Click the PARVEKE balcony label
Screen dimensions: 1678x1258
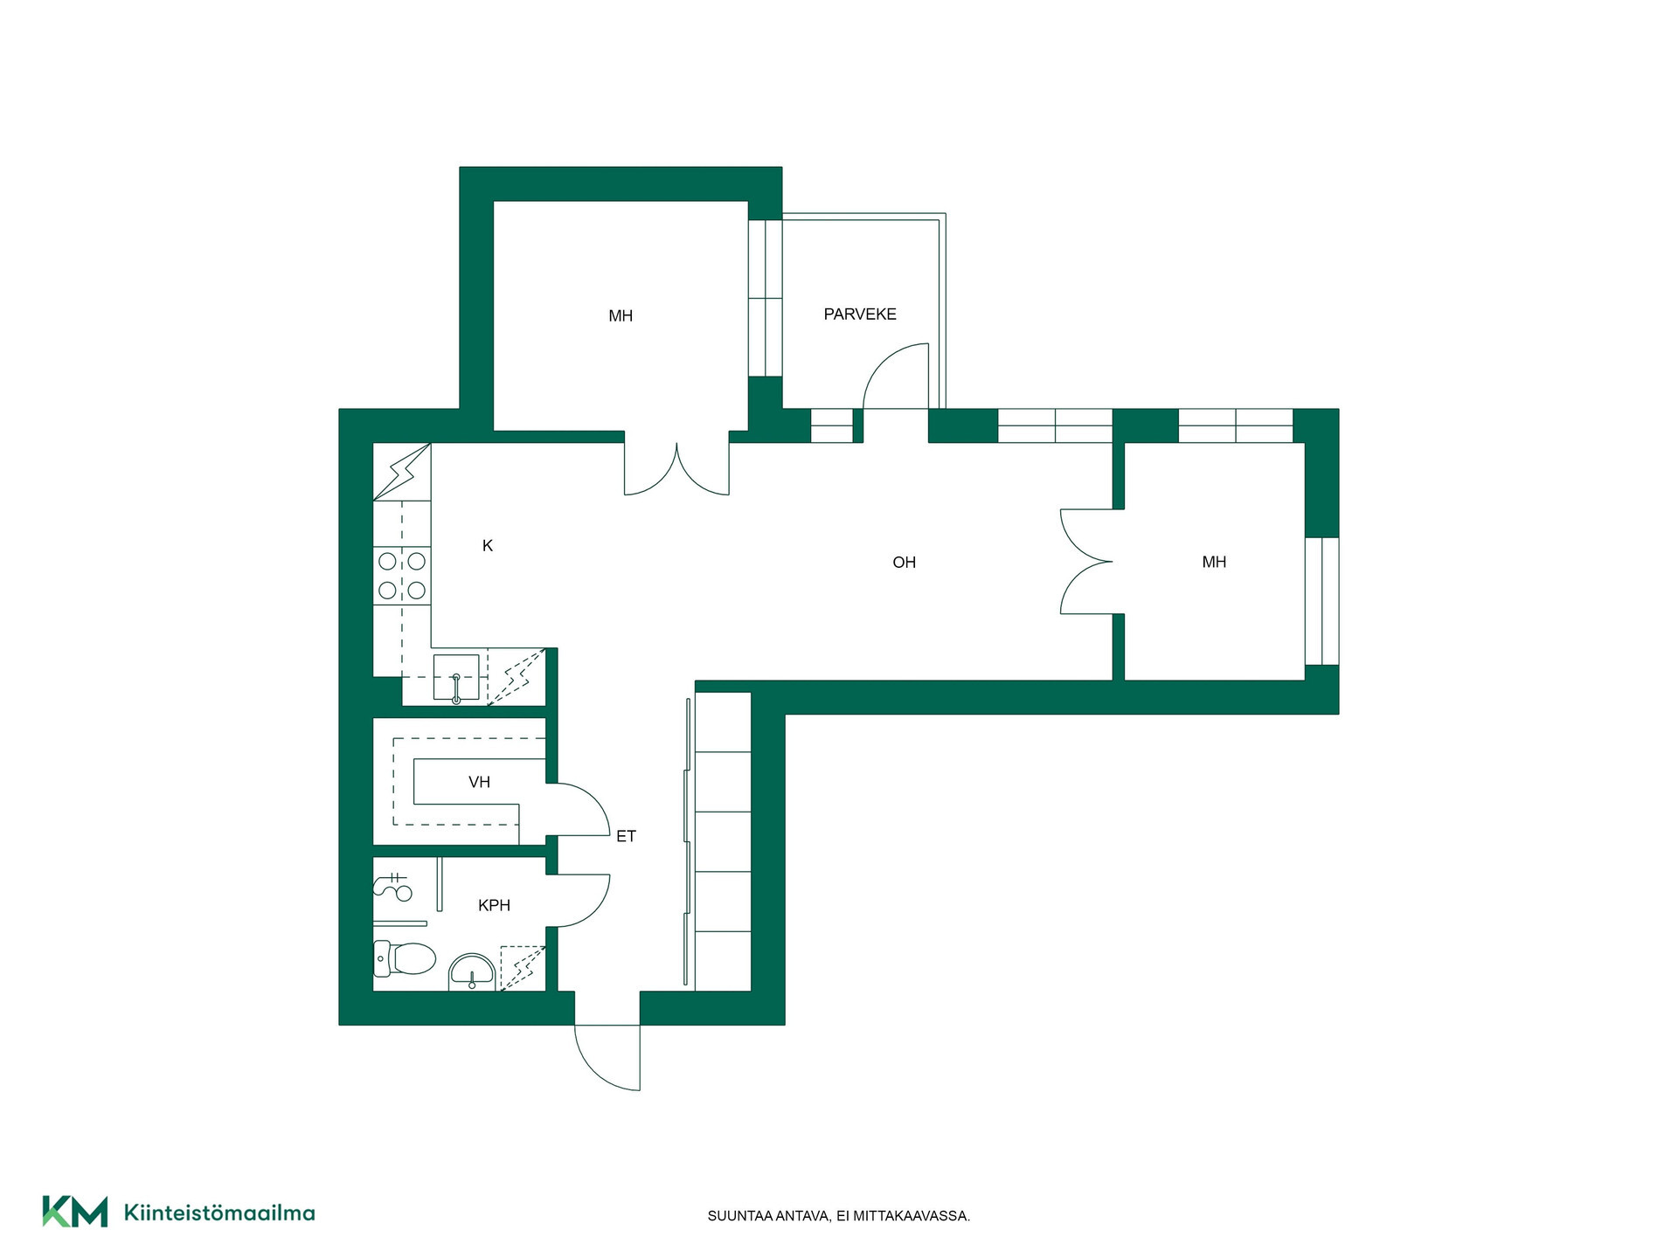pyautogui.click(x=860, y=314)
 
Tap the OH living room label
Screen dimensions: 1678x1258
pyautogui.click(x=905, y=563)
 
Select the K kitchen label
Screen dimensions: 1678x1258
pyautogui.click(x=488, y=546)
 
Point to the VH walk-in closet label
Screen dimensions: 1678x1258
pyautogui.click(x=479, y=782)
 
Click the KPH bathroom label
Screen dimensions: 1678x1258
pyautogui.click(x=494, y=906)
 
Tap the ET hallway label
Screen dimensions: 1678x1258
pyautogui.click(x=626, y=837)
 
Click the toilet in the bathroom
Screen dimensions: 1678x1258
pyautogui.click(x=405, y=958)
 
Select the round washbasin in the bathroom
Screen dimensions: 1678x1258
pyautogui.click(x=472, y=972)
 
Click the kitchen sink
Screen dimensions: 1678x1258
pyautogui.click(x=456, y=678)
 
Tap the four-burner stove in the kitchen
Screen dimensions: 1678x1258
pyautogui.click(x=402, y=575)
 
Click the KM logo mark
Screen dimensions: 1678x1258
pyautogui.click(x=75, y=1212)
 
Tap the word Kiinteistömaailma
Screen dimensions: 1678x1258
pyautogui.click(x=219, y=1213)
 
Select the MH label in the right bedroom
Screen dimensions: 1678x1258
pyautogui.click(x=1214, y=563)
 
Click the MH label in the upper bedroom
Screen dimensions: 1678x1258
pyautogui.click(x=621, y=316)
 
